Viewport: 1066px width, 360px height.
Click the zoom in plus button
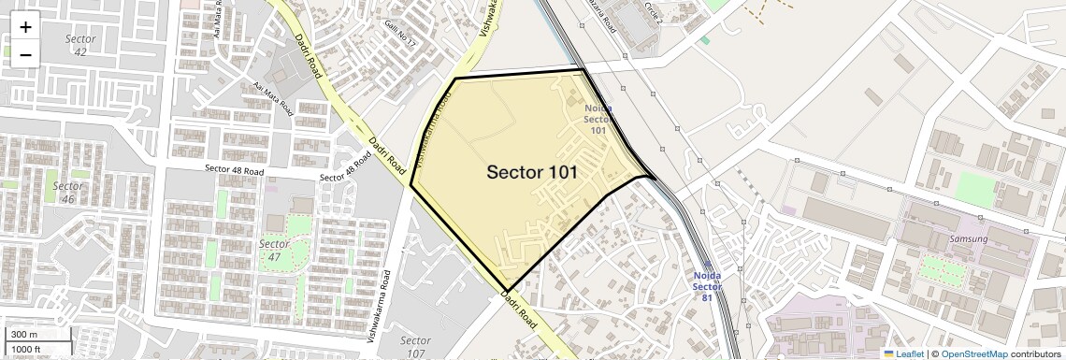[25, 26]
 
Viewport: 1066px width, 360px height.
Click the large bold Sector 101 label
[531, 172]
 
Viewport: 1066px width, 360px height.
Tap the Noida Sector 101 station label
[598, 119]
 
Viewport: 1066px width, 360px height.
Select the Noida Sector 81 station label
[708, 286]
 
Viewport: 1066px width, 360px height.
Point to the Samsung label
[968, 238]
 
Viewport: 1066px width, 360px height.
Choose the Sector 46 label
[68, 192]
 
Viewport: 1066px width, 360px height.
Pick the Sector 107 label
[414, 346]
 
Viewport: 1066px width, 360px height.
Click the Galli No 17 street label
[398, 34]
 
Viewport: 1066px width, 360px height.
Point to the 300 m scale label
[24, 335]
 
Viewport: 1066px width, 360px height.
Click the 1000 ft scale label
[27, 349]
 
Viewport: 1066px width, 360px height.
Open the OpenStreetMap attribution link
[973, 353]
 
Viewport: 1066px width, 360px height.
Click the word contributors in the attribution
[1036, 353]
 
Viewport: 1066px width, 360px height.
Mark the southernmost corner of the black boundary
[508, 291]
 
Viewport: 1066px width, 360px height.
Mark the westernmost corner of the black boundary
[411, 185]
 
